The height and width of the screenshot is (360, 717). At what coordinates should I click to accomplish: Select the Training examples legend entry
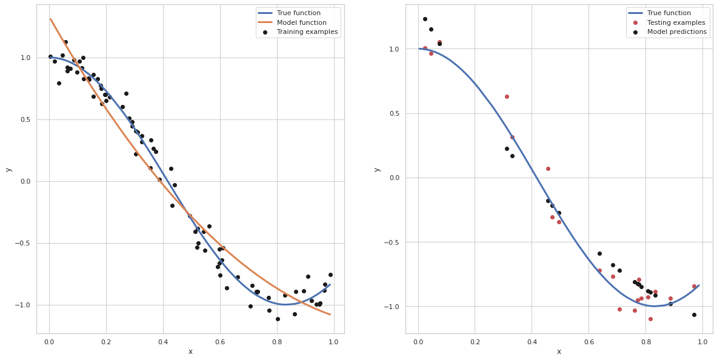(x=307, y=32)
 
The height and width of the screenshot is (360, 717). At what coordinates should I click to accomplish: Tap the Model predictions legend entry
(x=676, y=32)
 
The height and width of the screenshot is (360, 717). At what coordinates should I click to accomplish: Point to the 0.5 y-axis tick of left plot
(x=24, y=119)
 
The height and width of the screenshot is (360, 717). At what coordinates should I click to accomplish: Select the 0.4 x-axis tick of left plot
(x=163, y=341)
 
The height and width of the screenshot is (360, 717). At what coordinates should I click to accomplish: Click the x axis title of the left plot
(x=190, y=352)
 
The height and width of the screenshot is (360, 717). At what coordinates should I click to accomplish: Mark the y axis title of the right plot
(x=377, y=169)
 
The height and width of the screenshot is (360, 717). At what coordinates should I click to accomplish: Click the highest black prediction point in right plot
(x=425, y=19)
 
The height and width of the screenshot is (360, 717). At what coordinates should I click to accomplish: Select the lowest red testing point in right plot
(x=650, y=319)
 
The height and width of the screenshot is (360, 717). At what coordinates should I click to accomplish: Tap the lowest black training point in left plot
(x=278, y=319)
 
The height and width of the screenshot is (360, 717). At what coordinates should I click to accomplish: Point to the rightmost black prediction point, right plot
(x=694, y=315)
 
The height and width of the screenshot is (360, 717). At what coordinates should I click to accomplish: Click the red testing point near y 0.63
(x=507, y=96)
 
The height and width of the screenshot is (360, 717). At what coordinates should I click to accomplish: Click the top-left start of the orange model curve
(x=50, y=19)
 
